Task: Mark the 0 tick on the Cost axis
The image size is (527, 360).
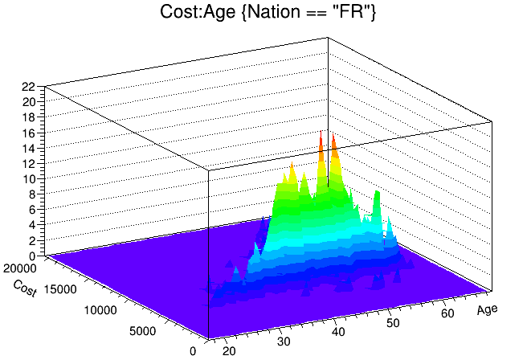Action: [x=192, y=350]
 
